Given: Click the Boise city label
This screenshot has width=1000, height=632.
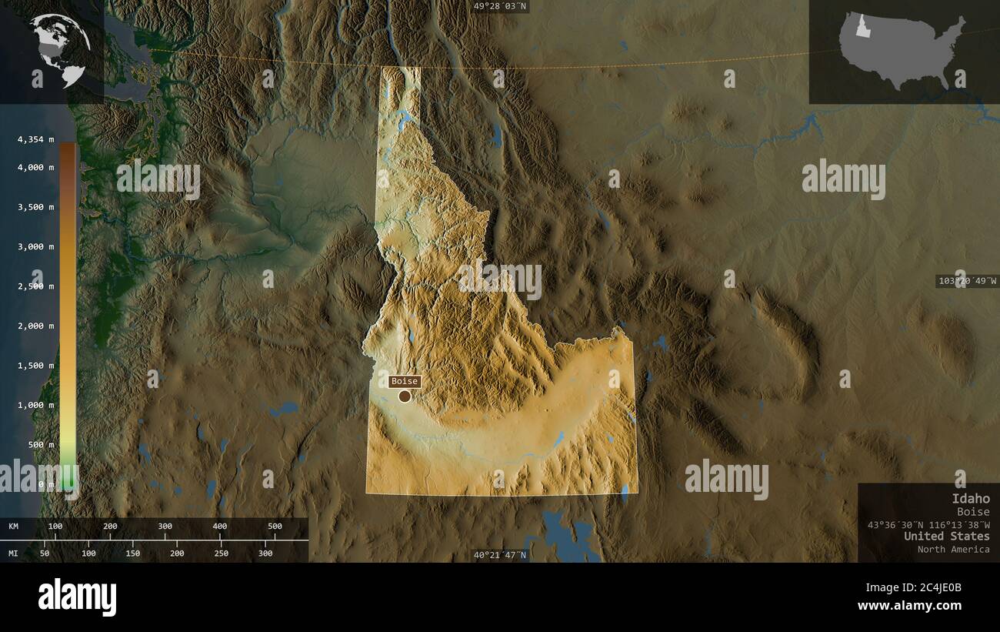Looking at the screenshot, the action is pyautogui.click(x=405, y=381).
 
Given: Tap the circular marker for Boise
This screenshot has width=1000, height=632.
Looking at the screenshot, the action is pyautogui.click(x=405, y=396).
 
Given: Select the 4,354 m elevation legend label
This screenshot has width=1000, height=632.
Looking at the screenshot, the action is pyautogui.click(x=35, y=139).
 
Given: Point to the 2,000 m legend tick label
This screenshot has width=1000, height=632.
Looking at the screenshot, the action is pyautogui.click(x=35, y=326).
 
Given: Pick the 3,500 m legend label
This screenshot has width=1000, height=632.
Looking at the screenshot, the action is pyautogui.click(x=35, y=207).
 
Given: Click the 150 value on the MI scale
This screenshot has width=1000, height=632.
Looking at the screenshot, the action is pyautogui.click(x=132, y=553).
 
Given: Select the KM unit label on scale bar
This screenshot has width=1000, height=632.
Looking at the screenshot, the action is pyautogui.click(x=14, y=527).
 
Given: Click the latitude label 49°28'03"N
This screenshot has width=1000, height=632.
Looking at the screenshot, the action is pyautogui.click(x=500, y=6).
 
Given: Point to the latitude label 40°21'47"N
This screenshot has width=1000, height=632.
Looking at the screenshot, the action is pyautogui.click(x=500, y=554).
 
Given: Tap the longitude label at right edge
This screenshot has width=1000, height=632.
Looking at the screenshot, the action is pyautogui.click(x=967, y=281).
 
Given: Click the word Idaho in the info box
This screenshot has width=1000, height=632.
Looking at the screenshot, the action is pyautogui.click(x=970, y=499).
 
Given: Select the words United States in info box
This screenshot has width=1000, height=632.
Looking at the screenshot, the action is pyautogui.click(x=946, y=536).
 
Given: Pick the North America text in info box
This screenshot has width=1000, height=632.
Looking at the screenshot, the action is pyautogui.click(x=953, y=549).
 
